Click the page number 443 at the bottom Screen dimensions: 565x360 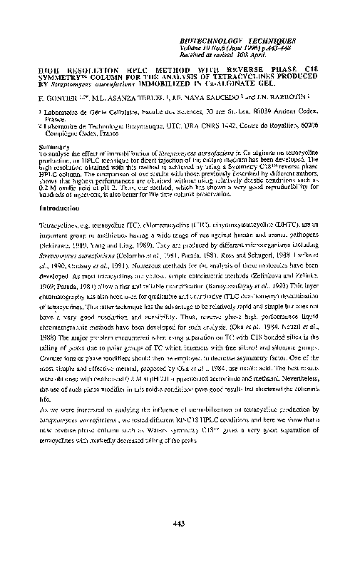[x=180, y=524]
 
